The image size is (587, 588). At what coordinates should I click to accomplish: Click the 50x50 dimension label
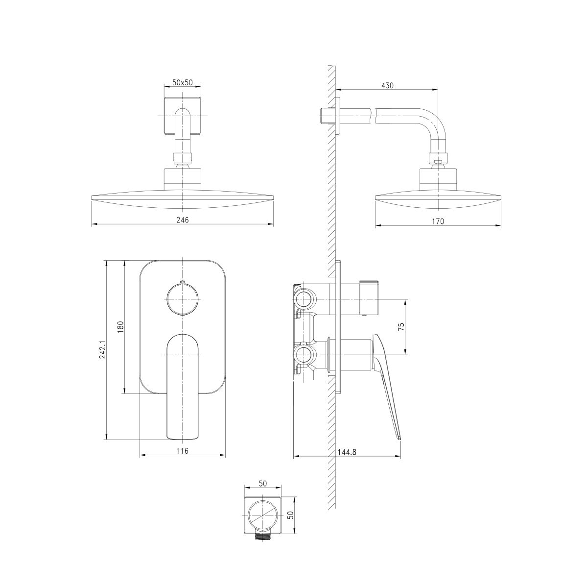pyautogui.click(x=183, y=82)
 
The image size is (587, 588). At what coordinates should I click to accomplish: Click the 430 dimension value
pyautogui.click(x=387, y=85)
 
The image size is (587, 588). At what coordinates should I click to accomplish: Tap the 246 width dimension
pyautogui.click(x=183, y=220)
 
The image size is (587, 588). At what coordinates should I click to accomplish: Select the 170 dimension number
pyautogui.click(x=438, y=221)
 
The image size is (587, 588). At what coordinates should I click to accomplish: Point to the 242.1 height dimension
pyautogui.click(x=102, y=350)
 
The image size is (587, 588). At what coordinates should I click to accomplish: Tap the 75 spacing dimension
pyautogui.click(x=401, y=326)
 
